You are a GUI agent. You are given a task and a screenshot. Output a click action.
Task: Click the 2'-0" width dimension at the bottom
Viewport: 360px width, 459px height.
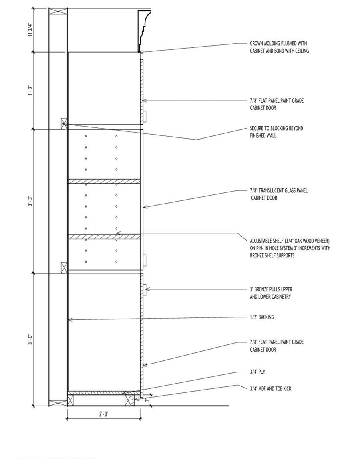(x=103, y=414)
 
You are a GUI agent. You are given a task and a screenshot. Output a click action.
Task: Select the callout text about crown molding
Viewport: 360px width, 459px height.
(x=279, y=47)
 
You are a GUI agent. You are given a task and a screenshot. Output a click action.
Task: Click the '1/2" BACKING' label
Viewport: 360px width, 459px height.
(x=262, y=317)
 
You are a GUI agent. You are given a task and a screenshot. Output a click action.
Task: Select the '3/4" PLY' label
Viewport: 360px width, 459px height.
(x=257, y=372)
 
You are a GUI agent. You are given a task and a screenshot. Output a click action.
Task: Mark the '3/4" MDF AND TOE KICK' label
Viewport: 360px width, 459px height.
(x=270, y=388)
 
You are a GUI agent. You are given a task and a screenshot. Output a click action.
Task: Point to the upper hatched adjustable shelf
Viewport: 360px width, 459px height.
(x=104, y=181)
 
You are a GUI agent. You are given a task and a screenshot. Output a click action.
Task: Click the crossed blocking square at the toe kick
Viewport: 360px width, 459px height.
(x=129, y=400)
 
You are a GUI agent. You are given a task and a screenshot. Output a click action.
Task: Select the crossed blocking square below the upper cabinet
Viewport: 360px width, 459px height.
(x=64, y=123)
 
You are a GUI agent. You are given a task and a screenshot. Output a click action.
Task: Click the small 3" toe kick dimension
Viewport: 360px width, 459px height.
(x=147, y=400)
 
